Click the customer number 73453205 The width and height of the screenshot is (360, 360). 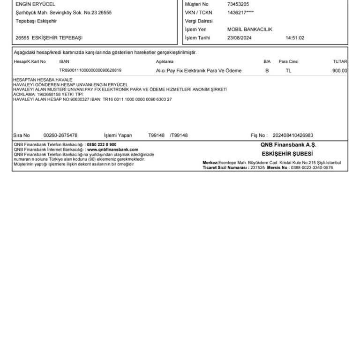pyautogui.click(x=238, y=4)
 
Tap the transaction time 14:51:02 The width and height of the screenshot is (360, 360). pyautogui.click(x=295, y=38)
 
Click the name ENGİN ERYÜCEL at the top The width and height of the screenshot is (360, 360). pyautogui.click(x=35, y=4)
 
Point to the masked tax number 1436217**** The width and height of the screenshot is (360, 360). pyautogui.click(x=240, y=13)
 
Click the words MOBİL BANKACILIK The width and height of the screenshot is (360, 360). pyautogui.click(x=249, y=30)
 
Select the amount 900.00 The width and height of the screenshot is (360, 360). pyautogui.click(x=340, y=71)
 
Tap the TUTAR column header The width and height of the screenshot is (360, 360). pyautogui.click(x=340, y=61)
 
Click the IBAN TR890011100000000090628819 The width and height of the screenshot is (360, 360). pyautogui.click(x=90, y=70)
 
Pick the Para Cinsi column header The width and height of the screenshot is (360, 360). pyautogui.click(x=288, y=61)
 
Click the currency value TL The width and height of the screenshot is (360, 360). pyautogui.click(x=288, y=71)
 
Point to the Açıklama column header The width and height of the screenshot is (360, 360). pyautogui.click(x=165, y=61)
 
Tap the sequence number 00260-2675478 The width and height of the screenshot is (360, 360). pyautogui.click(x=60, y=135)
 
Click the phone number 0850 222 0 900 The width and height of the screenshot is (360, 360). pyautogui.click(x=102, y=145)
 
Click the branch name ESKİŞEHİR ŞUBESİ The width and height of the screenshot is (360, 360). pyautogui.click(x=287, y=154)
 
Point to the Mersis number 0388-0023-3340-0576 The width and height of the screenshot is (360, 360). pyautogui.click(x=312, y=167)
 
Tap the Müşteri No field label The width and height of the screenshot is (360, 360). pyautogui.click(x=196, y=4)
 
